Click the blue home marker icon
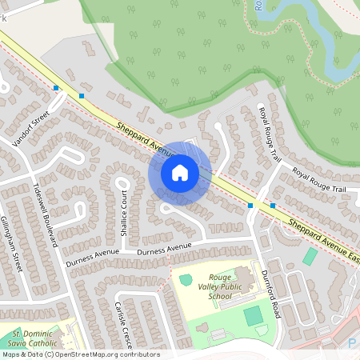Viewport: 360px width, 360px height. (x=180, y=172)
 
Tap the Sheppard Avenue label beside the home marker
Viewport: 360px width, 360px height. (x=145, y=138)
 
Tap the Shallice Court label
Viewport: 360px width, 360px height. (x=125, y=213)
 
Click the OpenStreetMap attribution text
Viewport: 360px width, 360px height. (x=80, y=354)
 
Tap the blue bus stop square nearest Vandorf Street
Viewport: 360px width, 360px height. (x=56, y=88)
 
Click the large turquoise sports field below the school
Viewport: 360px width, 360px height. (x=254, y=315)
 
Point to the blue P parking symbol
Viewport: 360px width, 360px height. (x=353, y=342)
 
